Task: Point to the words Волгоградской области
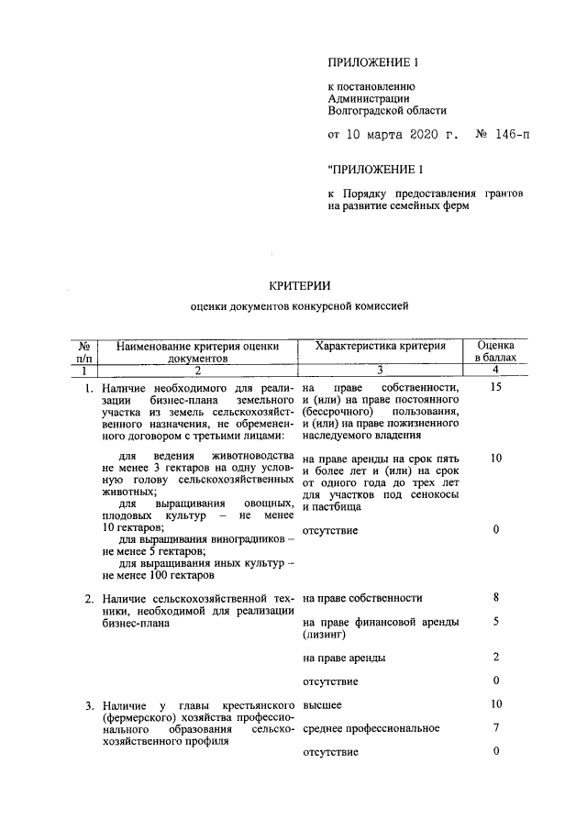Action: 386,110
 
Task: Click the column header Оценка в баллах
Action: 495,352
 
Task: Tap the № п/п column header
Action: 83,352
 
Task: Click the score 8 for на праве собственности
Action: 495,598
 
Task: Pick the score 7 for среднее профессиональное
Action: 495,728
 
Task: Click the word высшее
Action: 322,704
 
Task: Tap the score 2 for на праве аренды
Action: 495,658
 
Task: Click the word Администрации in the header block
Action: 370,98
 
